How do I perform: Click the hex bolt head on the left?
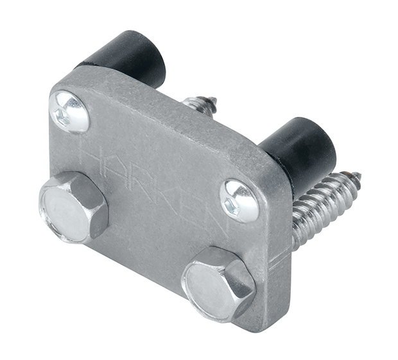point(73,208)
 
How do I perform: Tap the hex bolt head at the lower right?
point(218,283)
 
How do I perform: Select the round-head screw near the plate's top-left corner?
point(69,112)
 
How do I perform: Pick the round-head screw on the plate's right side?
point(239,200)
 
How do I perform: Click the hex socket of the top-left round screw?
point(64,116)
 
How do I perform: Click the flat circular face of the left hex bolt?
point(67,212)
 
